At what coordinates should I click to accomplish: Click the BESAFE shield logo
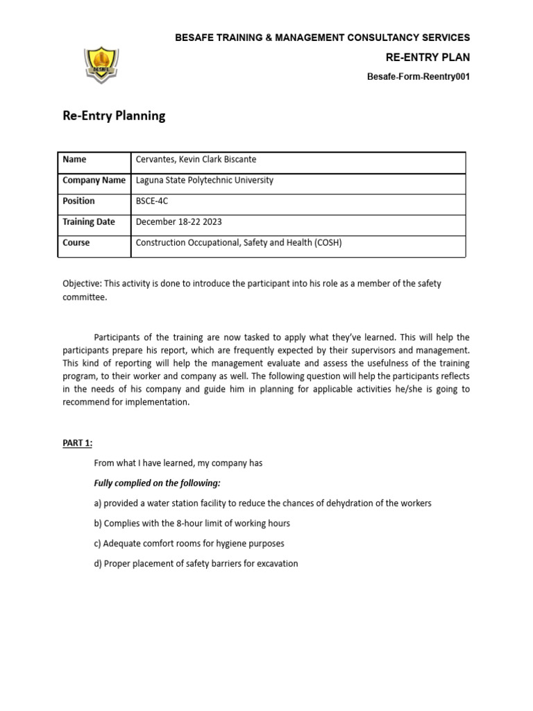[101, 65]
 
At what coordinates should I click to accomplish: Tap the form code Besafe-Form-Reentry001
[418, 77]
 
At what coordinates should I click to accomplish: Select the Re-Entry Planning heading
[114, 116]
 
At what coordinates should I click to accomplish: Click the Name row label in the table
[74, 160]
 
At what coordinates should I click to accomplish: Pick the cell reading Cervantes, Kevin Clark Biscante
[196, 160]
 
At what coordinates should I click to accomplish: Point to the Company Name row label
[94, 181]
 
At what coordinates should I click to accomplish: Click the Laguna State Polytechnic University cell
[204, 181]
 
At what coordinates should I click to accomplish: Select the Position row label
[78, 201]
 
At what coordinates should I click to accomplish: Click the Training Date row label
[88, 222]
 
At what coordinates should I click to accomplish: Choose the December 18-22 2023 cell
[179, 222]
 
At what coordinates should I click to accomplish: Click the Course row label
[76, 243]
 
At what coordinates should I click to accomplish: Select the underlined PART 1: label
[77, 443]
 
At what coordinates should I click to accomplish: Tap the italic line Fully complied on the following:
[157, 483]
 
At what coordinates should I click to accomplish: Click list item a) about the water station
[262, 503]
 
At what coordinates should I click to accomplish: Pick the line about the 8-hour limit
[192, 524]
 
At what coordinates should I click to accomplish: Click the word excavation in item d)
[276, 564]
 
